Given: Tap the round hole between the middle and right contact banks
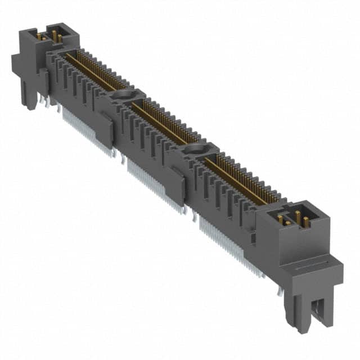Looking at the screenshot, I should coord(195,149).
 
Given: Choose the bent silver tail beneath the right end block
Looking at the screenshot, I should coord(280,290).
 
